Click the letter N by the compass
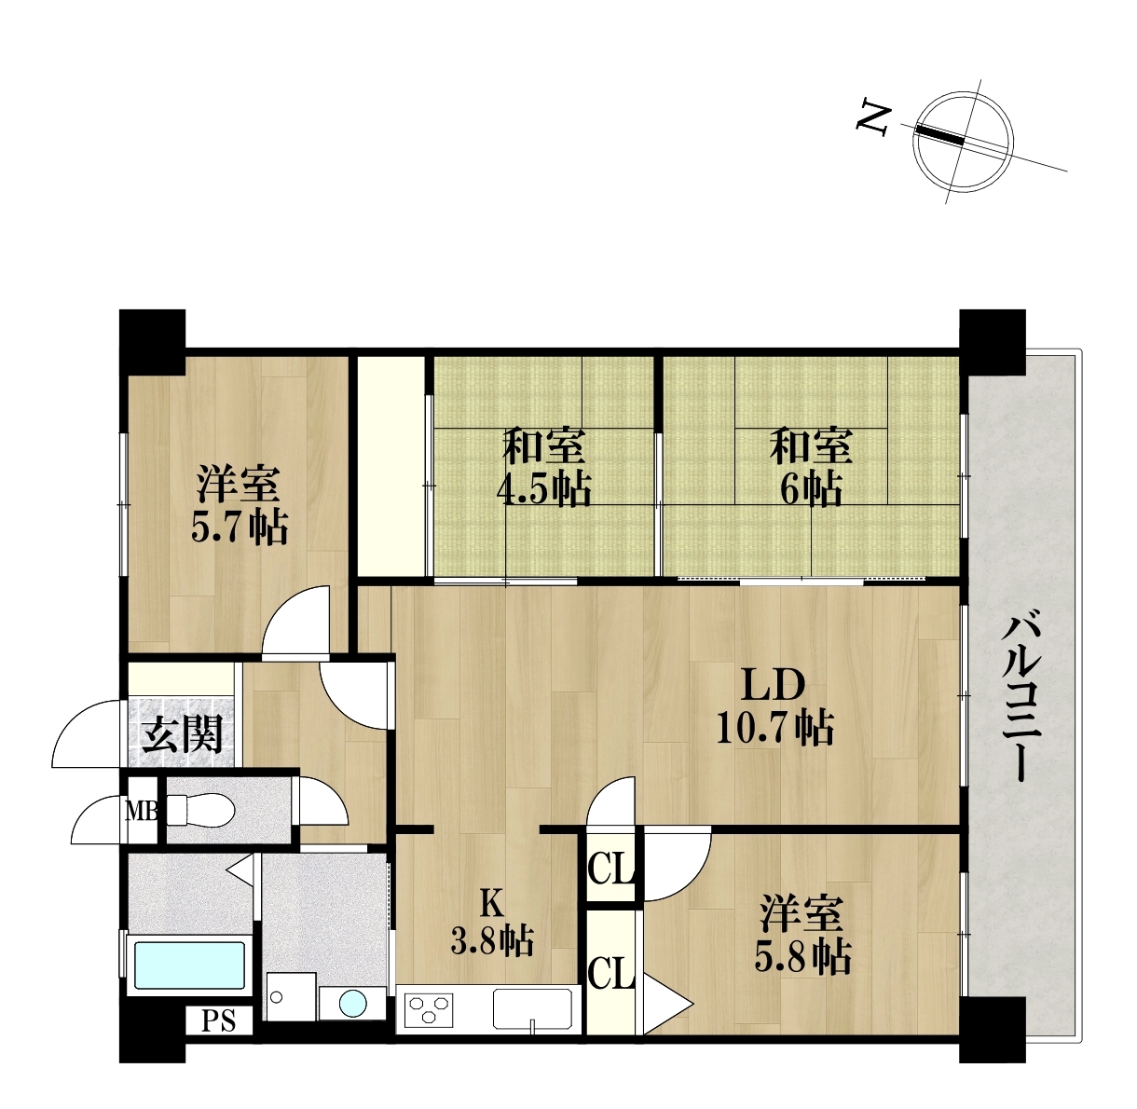872,120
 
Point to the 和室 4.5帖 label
544,466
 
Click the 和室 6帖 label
811,466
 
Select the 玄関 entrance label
183,734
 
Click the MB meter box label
142,811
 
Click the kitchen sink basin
532,1008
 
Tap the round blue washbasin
353,1004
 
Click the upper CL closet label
610,870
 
